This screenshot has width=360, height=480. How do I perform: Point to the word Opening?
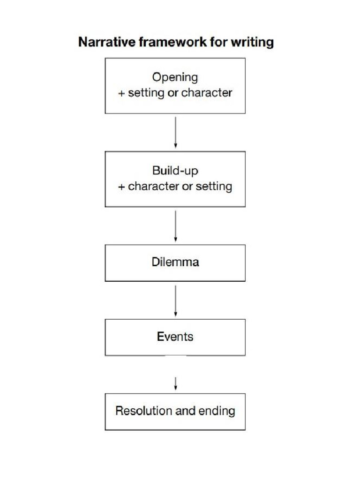click(x=175, y=77)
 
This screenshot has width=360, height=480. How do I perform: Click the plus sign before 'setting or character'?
click(x=121, y=93)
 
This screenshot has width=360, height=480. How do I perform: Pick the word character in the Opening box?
click(x=207, y=93)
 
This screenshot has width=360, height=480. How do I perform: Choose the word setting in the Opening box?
click(x=146, y=93)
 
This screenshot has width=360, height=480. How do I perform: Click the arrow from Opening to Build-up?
click(x=175, y=132)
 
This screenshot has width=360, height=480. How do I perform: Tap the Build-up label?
click(x=175, y=171)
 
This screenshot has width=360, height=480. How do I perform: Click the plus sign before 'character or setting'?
click(x=121, y=187)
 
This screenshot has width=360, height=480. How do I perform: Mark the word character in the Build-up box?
click(x=153, y=187)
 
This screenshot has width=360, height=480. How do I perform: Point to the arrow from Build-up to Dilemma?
click(x=175, y=226)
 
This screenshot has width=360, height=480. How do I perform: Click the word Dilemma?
click(x=175, y=262)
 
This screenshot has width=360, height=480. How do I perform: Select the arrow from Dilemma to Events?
click(x=175, y=300)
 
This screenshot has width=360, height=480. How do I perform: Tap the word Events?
click(x=175, y=337)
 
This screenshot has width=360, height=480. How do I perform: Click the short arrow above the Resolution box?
click(x=175, y=383)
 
